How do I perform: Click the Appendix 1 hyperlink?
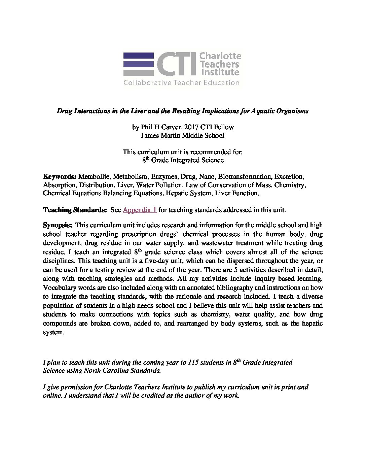point(140,210)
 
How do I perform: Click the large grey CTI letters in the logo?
point(177,64)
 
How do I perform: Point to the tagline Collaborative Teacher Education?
point(181,82)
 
